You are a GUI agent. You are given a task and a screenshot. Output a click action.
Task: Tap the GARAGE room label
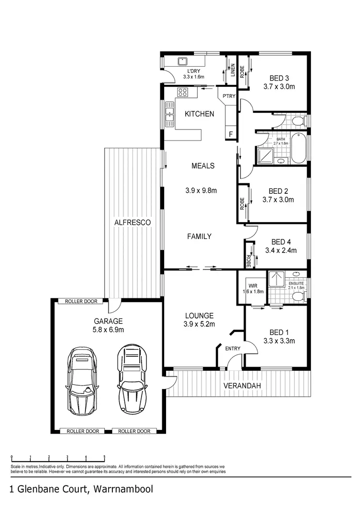(x=108, y=321)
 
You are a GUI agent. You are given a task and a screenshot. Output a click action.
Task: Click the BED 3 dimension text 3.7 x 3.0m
(x=279, y=87)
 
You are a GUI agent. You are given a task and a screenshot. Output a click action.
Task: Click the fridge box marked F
(x=231, y=134)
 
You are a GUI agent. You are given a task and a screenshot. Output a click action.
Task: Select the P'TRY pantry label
(x=229, y=96)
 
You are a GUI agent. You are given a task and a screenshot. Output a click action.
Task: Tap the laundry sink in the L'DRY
(x=182, y=62)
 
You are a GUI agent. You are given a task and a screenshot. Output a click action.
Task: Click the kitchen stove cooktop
(x=183, y=92)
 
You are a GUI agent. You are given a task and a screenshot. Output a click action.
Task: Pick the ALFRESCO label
(x=132, y=223)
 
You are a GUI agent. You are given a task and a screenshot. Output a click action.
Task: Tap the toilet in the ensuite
(x=298, y=297)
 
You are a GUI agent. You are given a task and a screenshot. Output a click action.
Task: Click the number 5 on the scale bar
(x=104, y=457)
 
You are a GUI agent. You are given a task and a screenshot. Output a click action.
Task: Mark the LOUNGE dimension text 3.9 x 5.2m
(x=199, y=324)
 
